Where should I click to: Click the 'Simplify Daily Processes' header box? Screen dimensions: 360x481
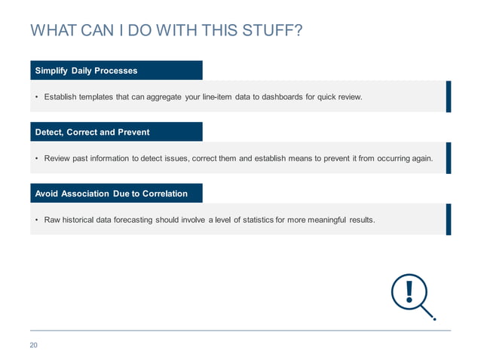coord(116,71)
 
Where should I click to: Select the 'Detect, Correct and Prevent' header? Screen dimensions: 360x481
coord(116,132)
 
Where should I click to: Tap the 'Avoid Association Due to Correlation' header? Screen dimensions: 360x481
coord(116,194)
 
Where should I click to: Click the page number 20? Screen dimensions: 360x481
coord(34,346)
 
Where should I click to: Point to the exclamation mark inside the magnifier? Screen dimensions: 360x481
coord(409,291)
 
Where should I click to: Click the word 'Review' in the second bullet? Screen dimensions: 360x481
coord(58,159)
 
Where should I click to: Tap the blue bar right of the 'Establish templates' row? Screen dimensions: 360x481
coord(448,96)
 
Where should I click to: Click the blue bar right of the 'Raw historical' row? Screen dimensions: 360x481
coord(448,219)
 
